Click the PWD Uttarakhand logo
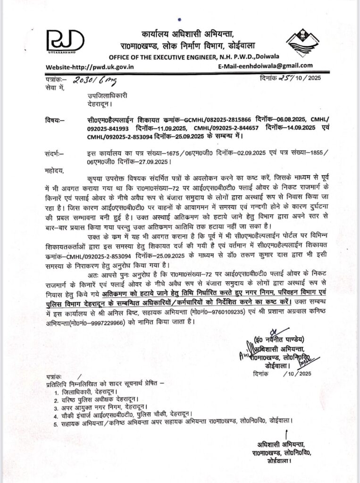[65, 41]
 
